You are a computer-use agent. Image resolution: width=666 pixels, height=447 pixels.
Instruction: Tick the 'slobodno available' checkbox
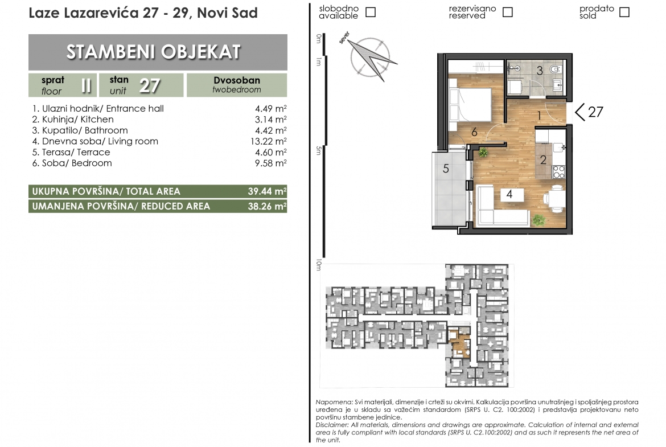(x=371, y=12)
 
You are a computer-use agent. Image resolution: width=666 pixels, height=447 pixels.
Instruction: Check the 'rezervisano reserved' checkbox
(x=507, y=12)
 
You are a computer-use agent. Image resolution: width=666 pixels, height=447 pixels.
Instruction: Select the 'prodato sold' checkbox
(x=624, y=12)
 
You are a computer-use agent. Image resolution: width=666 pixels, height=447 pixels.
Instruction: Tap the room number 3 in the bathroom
(x=540, y=71)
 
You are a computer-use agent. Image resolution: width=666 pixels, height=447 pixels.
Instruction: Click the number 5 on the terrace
(x=446, y=169)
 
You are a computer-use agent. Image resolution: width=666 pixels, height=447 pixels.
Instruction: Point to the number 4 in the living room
(x=509, y=194)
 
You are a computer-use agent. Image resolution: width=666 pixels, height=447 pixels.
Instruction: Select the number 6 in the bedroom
(x=474, y=132)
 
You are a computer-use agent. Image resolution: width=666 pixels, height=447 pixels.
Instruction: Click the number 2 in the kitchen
(x=543, y=160)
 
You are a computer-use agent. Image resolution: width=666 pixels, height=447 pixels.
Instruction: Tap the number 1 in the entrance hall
(x=539, y=115)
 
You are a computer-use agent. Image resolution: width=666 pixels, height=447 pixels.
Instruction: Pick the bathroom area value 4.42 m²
(x=270, y=130)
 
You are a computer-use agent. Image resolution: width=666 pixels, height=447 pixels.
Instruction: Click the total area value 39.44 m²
(x=267, y=191)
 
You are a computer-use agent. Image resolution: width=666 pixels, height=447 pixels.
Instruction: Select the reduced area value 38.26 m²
(x=267, y=206)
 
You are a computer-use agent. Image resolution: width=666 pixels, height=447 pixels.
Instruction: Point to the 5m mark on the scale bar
(x=319, y=150)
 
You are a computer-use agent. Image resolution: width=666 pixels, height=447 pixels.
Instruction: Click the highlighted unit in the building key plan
(x=459, y=343)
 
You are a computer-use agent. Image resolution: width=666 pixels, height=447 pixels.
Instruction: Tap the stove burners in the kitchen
(x=558, y=171)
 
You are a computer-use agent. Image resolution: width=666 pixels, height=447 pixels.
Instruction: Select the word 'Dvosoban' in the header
(x=237, y=80)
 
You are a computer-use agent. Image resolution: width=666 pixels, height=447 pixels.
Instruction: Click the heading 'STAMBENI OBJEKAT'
(x=154, y=52)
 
